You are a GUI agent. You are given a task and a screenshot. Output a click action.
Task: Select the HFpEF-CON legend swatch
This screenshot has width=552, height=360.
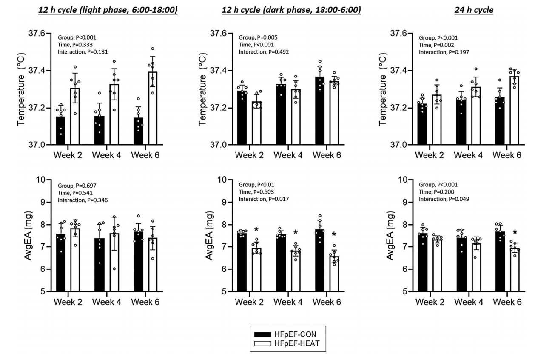264,334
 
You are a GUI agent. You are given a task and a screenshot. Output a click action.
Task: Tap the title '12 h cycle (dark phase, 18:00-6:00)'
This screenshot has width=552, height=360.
291,10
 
